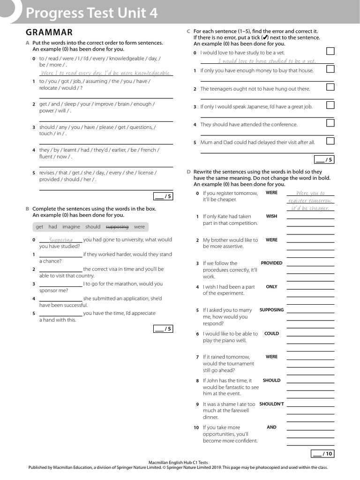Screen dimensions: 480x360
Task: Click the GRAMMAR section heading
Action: point(49,32)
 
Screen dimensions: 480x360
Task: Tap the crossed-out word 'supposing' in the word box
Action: point(117,227)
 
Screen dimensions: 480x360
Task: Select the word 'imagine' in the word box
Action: point(71,227)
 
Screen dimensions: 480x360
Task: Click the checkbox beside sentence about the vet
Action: point(330,51)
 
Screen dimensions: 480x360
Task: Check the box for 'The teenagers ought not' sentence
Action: point(330,87)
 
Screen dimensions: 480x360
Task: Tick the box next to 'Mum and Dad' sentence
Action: point(330,141)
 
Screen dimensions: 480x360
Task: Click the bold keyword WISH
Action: point(271,217)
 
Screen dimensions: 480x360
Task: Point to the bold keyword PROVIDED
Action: point(271,263)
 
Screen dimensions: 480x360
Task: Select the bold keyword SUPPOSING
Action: point(271,310)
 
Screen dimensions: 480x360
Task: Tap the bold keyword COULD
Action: point(271,334)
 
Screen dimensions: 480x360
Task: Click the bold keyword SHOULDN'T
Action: point(271,404)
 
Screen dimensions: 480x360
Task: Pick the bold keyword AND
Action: point(271,427)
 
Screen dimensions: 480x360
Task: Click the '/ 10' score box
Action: point(322,454)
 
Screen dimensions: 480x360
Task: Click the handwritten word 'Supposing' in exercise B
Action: point(61,240)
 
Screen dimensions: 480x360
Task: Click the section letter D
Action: point(188,172)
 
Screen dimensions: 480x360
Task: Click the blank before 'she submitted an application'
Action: point(60,299)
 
